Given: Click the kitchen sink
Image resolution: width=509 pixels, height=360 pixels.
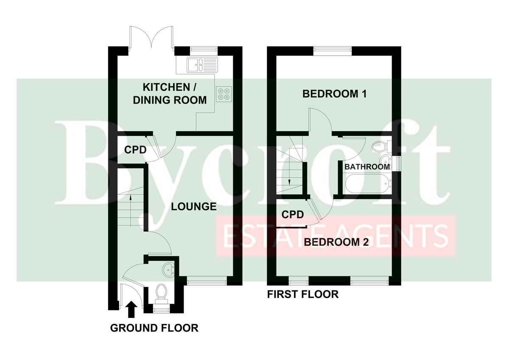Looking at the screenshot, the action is tap(202, 65).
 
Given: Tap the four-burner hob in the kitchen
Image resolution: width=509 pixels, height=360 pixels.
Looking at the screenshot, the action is tap(224, 94).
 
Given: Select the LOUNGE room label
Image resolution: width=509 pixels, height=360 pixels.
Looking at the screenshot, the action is tap(193, 206).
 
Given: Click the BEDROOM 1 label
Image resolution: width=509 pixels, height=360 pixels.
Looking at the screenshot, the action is tap(335, 94).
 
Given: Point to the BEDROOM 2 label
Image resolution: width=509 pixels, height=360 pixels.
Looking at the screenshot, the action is tap(336, 242).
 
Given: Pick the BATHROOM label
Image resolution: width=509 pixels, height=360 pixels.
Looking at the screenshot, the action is tap(367, 167).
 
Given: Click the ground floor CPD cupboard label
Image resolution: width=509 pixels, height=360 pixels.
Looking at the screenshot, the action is tap(135, 150).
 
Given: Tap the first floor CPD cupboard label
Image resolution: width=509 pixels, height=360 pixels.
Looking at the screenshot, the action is tap(293, 214).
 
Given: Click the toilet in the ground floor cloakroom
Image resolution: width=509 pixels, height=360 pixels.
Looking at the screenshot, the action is tap(162, 294).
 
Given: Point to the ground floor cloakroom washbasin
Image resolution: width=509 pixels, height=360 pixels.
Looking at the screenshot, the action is tap(168, 270).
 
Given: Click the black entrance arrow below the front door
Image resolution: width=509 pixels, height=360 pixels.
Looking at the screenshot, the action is tap(131, 309).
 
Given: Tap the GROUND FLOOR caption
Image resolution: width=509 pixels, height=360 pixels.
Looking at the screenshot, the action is tap(154, 328).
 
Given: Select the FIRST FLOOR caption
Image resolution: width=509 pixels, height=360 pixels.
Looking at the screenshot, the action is tap(303, 294).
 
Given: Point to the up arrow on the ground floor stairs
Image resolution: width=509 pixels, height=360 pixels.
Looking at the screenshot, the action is tap(131, 211).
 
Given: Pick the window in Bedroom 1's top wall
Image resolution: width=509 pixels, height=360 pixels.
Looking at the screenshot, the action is tap(332, 49).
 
